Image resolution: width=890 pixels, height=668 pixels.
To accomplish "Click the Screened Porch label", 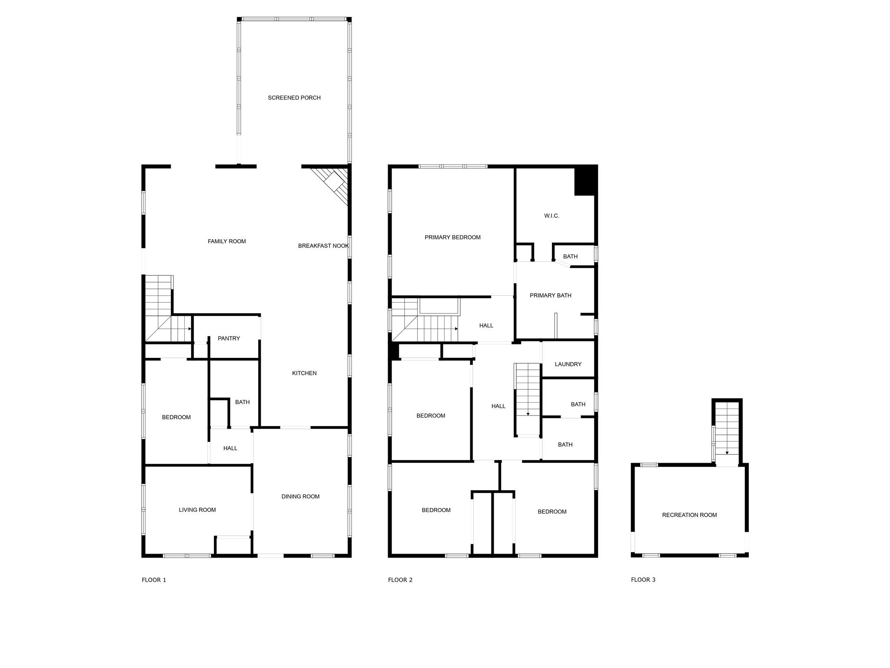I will coord(294,98).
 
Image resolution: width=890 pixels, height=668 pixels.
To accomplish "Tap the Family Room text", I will coord(227,241).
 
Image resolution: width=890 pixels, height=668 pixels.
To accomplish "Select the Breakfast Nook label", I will coord(323,246).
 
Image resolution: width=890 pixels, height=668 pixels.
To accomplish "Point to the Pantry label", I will coord(229,338).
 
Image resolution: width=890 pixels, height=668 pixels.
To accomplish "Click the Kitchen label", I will coord(304,373).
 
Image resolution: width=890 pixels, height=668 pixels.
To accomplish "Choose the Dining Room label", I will coord(300,497).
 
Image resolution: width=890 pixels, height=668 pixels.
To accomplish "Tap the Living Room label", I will coord(197,510).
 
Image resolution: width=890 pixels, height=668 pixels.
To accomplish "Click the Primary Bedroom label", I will coord(452,237).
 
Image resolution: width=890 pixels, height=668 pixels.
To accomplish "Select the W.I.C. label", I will coord(551,216).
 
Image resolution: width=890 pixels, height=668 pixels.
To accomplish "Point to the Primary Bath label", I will coord(550,296).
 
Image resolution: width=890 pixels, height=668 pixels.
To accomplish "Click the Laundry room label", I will coord(568,364).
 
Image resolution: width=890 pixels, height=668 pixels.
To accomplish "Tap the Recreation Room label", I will coord(689,515).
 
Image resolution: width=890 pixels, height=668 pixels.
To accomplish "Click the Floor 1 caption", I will coord(154,580).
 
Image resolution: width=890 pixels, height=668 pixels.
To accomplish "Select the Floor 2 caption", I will coord(400,580).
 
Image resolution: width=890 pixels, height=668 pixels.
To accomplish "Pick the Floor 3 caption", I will coord(643,580).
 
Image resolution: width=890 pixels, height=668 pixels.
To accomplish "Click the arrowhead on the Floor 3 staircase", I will coord(727,453).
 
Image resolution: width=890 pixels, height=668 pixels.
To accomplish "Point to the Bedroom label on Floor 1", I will coord(176,417).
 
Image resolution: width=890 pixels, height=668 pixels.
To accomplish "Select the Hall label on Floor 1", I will coord(230,448).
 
